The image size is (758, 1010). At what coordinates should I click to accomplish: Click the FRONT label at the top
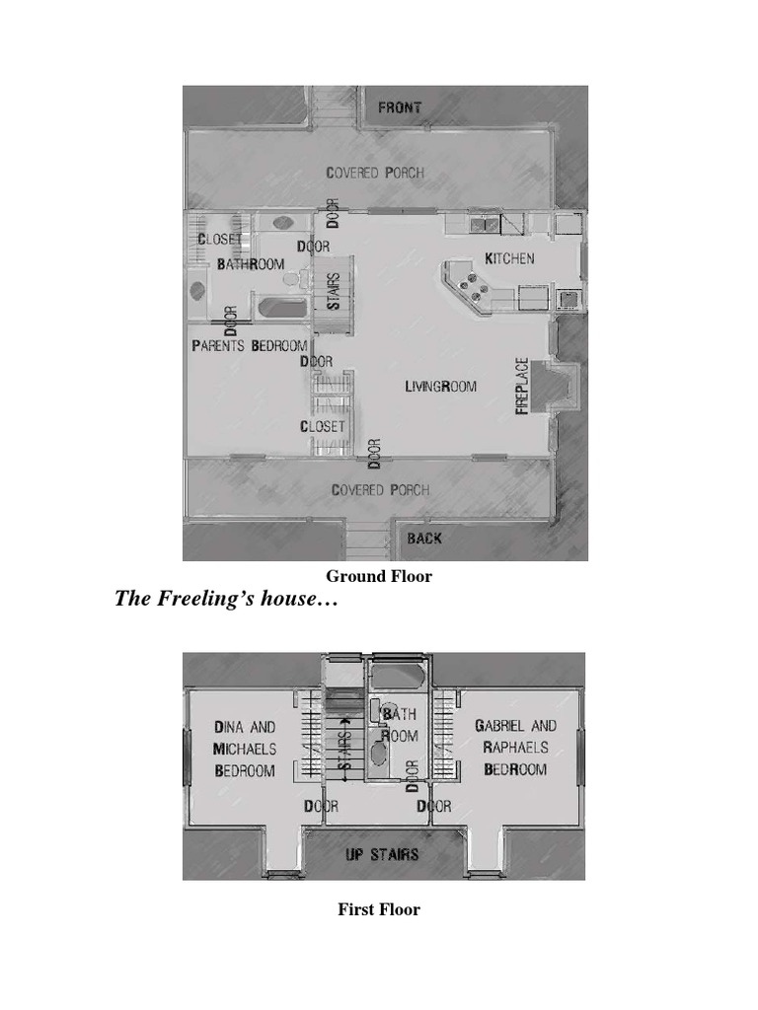400,108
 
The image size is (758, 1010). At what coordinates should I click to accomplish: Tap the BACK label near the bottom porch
424,539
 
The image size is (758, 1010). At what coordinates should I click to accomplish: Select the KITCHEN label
509,258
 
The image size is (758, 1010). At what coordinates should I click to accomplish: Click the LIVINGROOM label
440,387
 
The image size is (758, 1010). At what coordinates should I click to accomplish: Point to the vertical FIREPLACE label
523,386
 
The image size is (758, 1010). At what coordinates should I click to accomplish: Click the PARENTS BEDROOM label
249,346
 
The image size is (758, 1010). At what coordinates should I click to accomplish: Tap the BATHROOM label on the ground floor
251,264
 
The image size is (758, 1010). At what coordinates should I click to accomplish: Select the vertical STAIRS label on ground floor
335,291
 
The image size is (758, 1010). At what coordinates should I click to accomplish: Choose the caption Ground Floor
379,576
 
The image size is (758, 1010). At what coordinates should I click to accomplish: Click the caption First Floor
379,909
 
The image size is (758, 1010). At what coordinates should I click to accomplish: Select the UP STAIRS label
382,854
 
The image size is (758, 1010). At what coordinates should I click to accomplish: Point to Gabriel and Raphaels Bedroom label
515,747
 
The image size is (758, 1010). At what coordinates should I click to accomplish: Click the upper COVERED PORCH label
375,173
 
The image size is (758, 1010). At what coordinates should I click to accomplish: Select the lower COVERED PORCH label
380,490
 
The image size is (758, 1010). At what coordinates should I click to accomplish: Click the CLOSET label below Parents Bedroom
323,426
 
